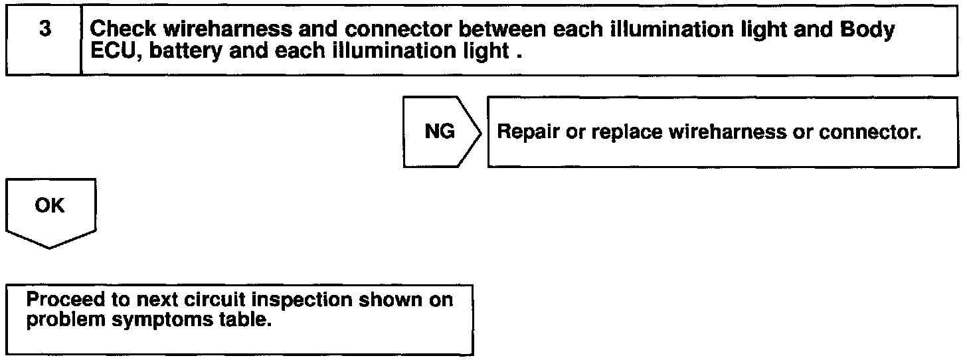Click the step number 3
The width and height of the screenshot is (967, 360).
pyautogui.click(x=44, y=31)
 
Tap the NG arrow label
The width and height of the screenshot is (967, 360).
pyautogui.click(x=440, y=132)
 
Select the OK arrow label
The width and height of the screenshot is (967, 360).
pyautogui.click(x=50, y=206)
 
